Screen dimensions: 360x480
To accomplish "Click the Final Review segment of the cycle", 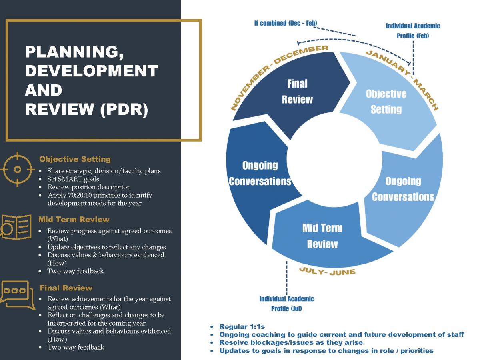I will [x=297, y=92].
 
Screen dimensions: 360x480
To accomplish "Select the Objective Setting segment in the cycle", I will [x=386, y=102].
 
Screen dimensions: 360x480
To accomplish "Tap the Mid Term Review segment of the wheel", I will [x=322, y=236].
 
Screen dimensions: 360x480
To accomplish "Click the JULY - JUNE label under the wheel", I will [x=327, y=272].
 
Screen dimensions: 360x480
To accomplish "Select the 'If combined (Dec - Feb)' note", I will [x=286, y=23].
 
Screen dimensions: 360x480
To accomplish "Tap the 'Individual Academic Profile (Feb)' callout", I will [x=413, y=31].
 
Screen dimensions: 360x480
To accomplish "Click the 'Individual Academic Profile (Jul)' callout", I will [x=286, y=304].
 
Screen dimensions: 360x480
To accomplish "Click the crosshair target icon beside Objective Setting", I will [x=17, y=169].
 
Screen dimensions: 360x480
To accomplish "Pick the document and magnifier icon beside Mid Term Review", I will [x=16, y=227].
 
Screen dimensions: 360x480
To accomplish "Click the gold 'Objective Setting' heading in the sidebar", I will [x=75, y=159].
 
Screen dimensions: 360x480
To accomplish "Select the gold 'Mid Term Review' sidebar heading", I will [x=74, y=219].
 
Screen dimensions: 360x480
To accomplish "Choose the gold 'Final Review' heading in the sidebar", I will [x=66, y=288].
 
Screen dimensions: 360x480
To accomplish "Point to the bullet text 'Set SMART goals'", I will [x=73, y=179].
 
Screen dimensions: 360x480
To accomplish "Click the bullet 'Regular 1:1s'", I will [x=242, y=327].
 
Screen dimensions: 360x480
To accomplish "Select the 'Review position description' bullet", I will [x=89, y=187].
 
